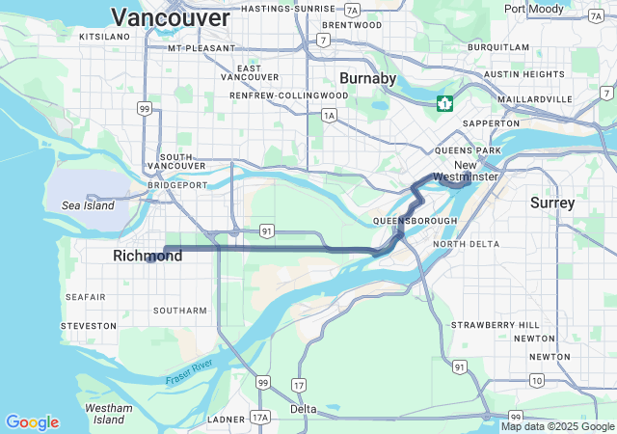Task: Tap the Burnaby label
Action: [367, 78]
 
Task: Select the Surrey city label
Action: [551, 203]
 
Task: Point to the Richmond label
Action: [148, 256]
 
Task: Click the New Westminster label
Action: [465, 171]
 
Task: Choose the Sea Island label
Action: [88, 205]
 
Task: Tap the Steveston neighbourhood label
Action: [89, 327]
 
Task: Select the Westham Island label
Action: [108, 414]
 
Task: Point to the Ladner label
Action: [227, 420]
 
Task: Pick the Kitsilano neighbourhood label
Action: [104, 36]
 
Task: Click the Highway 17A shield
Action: [259, 418]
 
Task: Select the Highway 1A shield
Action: [330, 115]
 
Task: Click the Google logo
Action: [32, 422]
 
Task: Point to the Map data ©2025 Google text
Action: [557, 426]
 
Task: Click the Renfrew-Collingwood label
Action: [288, 95]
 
